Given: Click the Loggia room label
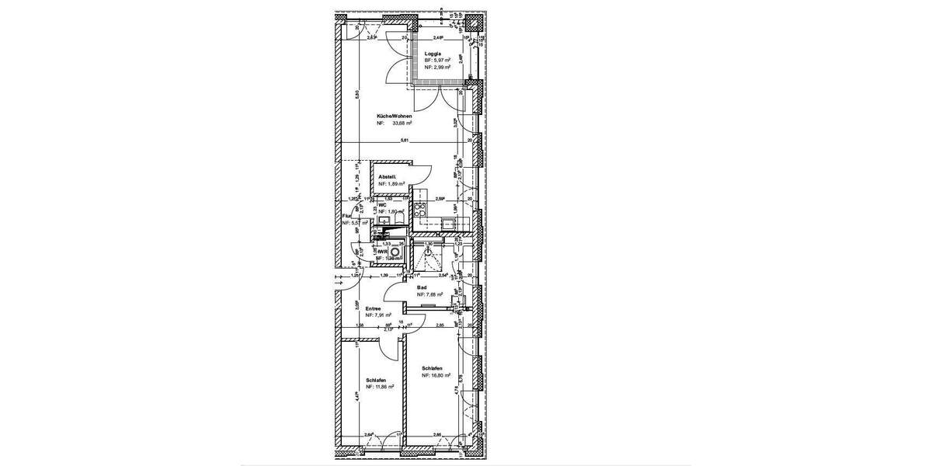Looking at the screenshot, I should tap(433, 53).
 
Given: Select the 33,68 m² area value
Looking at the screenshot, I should tap(402, 123).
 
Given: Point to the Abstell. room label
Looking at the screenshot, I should tap(388, 178).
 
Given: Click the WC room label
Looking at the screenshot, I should tap(382, 205).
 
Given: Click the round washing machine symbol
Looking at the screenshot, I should tap(395, 252).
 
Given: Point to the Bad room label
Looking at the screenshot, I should tap(422, 287).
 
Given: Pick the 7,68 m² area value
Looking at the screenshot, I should tap(433, 294).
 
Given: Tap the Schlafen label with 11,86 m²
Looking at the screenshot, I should tap(376, 380).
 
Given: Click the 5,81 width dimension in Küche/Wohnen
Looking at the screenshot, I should tap(404, 141).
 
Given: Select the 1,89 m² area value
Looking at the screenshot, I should tap(392, 185).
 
